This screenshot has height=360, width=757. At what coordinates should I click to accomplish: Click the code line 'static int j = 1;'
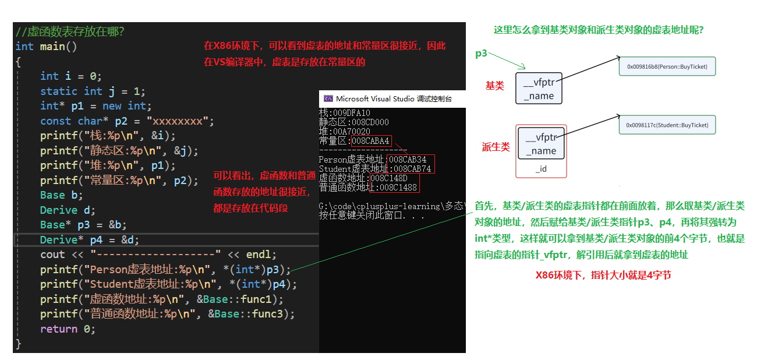(x=93, y=91)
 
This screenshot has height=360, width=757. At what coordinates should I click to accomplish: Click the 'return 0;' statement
(x=67, y=329)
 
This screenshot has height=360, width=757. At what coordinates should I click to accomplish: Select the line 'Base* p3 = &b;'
(x=83, y=225)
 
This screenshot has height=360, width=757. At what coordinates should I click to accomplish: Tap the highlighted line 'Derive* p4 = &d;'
(x=90, y=239)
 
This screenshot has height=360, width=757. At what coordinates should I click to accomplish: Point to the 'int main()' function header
(x=46, y=46)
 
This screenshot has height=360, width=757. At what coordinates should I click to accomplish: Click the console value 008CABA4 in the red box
(x=371, y=141)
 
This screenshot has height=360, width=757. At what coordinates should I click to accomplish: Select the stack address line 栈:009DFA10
(x=345, y=113)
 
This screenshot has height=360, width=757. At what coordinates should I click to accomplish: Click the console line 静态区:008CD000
(x=354, y=122)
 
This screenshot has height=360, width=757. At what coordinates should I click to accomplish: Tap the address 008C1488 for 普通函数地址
(x=398, y=188)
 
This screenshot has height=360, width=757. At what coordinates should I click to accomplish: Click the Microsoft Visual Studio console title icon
(x=328, y=99)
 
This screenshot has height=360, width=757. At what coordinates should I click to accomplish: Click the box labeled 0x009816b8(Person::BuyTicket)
(x=667, y=66)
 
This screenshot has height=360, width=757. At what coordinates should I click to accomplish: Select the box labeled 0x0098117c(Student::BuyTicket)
(x=667, y=125)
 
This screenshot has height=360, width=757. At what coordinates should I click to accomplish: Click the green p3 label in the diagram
(x=481, y=54)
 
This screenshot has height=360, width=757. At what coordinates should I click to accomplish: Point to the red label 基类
(x=494, y=86)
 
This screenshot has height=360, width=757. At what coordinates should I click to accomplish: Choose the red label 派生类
(x=496, y=147)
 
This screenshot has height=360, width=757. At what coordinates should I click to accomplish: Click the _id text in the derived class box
(x=541, y=169)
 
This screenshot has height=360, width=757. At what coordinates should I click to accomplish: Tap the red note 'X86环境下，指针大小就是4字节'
(x=603, y=275)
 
